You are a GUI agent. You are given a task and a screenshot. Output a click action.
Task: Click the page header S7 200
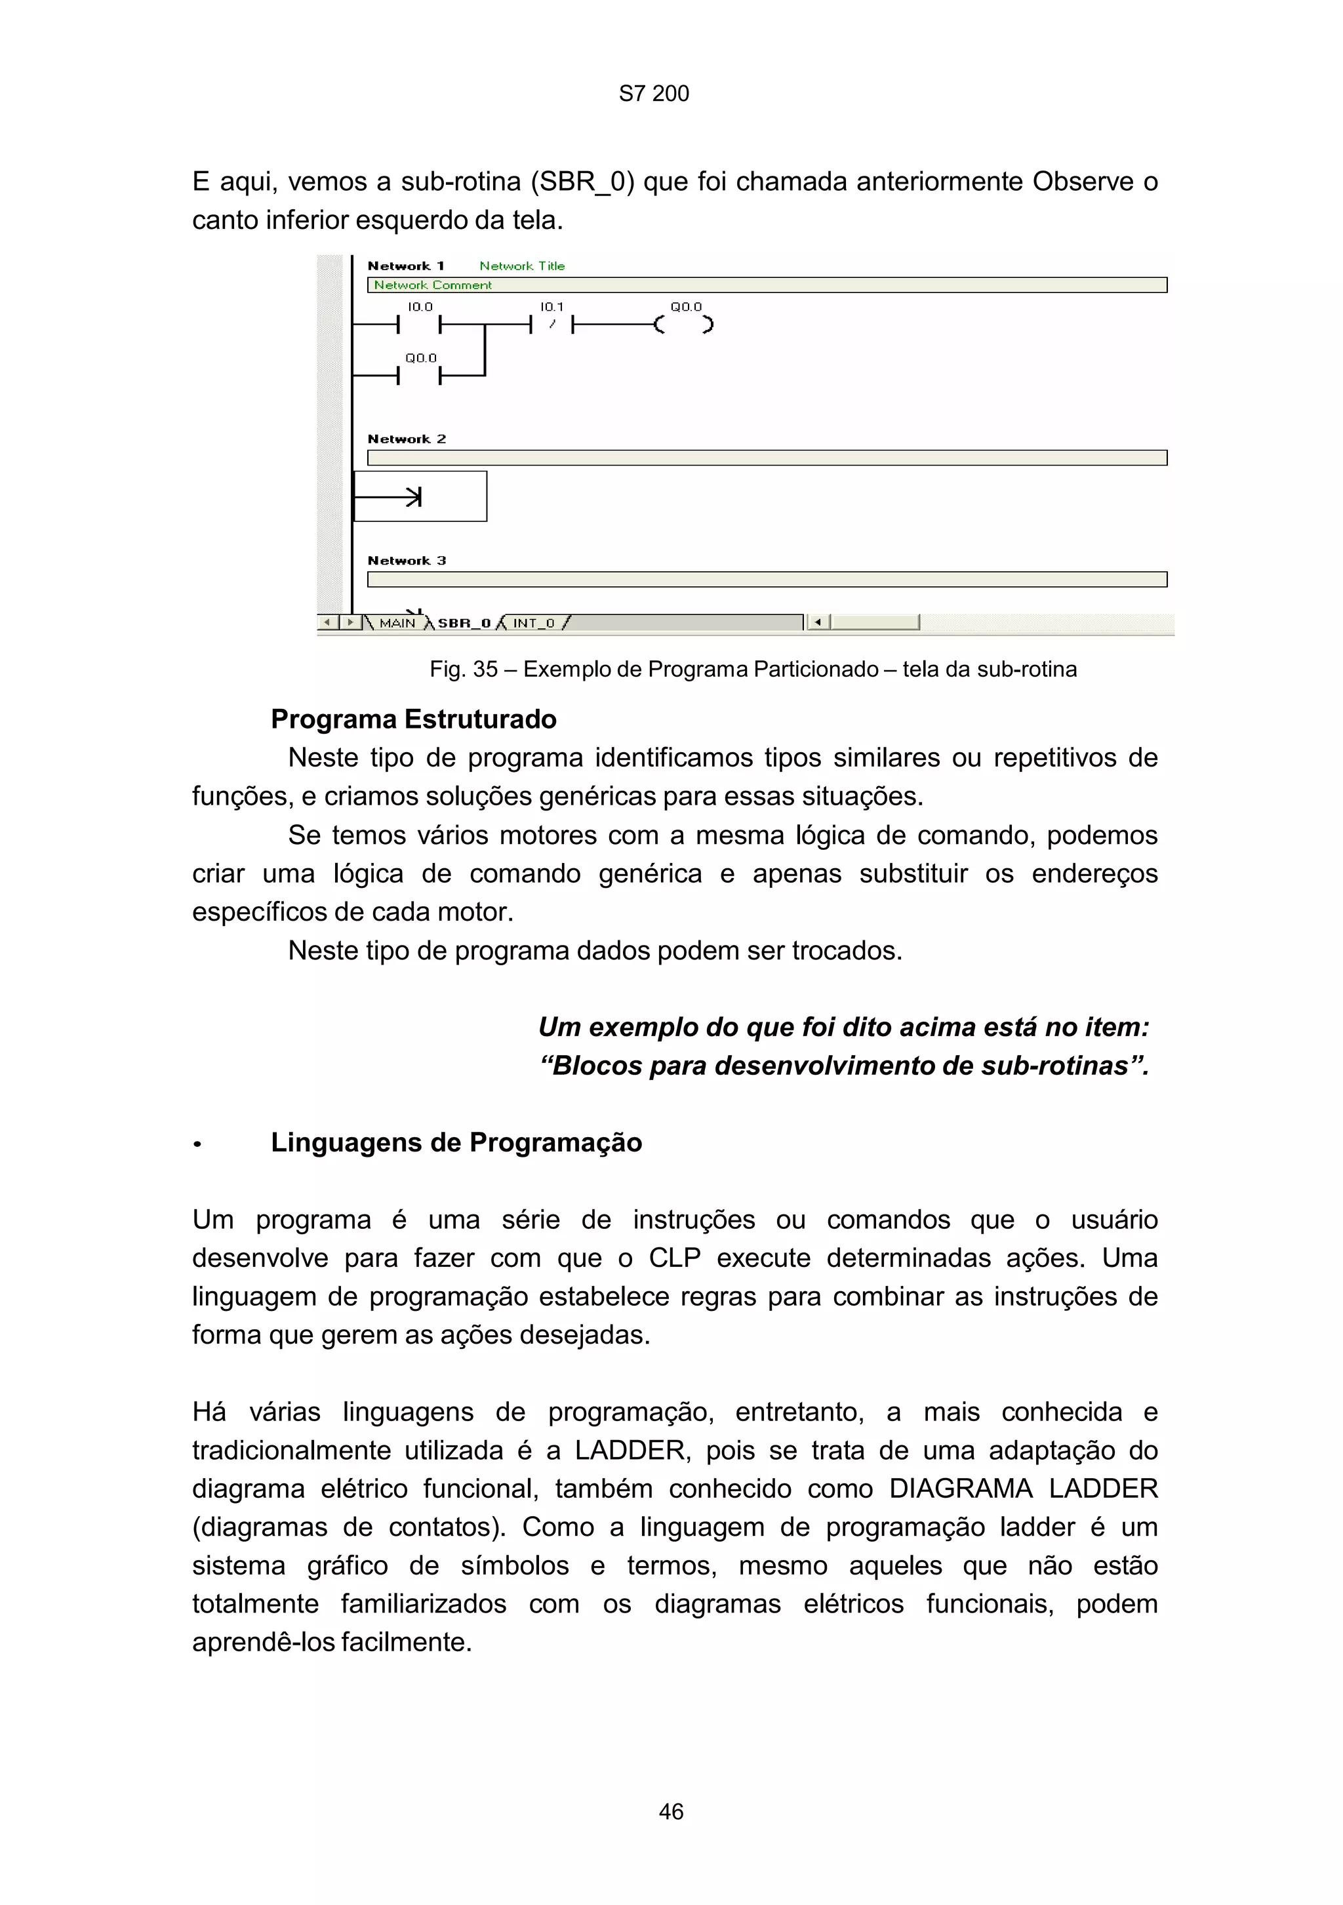654,94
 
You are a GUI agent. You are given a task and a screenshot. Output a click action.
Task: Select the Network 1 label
406,266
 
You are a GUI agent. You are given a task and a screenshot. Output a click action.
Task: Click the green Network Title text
522,266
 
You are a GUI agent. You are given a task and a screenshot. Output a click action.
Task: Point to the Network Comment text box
766,285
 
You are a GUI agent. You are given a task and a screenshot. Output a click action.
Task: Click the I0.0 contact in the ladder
419,325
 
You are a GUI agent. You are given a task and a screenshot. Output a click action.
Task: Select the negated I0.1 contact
551,325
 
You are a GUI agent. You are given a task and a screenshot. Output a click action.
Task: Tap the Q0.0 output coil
683,325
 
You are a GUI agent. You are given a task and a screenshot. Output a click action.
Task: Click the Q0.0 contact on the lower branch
419,376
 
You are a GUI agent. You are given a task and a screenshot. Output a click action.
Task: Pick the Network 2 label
407,439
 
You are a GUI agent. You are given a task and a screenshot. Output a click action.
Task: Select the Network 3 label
407,561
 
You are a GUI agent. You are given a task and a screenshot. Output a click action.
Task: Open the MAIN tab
397,623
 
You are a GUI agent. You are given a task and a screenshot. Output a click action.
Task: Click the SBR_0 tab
464,623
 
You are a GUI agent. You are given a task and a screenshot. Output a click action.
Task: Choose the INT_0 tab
533,623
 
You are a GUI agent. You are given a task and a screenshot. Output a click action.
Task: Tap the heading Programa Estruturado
413,719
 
